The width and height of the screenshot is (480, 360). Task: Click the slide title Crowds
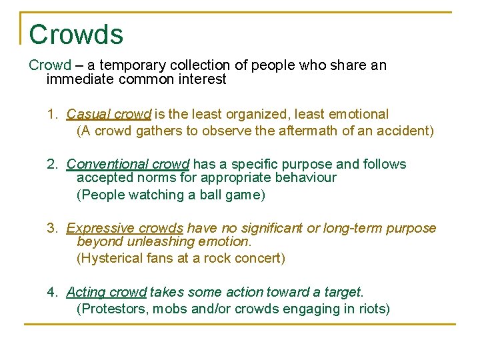[76, 35]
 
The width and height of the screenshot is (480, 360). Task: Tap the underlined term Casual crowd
[109, 115]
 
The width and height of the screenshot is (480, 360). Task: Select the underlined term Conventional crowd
[128, 164]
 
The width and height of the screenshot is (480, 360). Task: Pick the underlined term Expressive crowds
[125, 229]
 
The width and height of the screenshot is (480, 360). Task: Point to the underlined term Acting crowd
[107, 292]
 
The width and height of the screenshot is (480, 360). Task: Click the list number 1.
[52, 115]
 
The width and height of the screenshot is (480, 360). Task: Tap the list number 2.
[52, 164]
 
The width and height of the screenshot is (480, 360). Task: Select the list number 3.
[52, 229]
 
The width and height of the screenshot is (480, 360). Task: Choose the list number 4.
[52, 292]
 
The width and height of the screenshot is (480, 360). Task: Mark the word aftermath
[303, 131]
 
